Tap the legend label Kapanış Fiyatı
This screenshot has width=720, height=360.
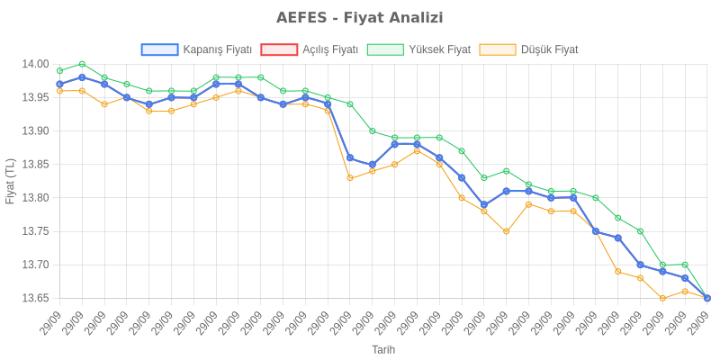(217, 49)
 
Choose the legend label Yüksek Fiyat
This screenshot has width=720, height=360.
(438, 49)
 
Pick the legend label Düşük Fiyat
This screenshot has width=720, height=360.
(549, 49)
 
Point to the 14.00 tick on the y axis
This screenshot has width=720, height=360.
(34, 64)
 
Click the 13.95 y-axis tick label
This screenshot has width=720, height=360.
(34, 97)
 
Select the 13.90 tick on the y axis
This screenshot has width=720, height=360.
(34, 131)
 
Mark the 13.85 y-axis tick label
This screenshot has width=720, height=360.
(34, 165)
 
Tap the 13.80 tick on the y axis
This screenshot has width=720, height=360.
(34, 198)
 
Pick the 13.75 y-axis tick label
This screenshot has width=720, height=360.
(34, 231)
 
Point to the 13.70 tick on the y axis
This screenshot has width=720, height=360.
(34, 265)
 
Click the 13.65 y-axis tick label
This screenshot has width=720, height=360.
(34, 298)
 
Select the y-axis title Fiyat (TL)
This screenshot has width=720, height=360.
(10, 181)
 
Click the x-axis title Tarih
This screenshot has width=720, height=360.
(383, 349)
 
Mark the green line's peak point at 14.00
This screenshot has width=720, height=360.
(82, 64)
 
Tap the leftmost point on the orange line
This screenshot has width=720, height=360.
(59, 91)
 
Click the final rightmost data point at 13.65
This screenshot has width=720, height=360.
(707, 298)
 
